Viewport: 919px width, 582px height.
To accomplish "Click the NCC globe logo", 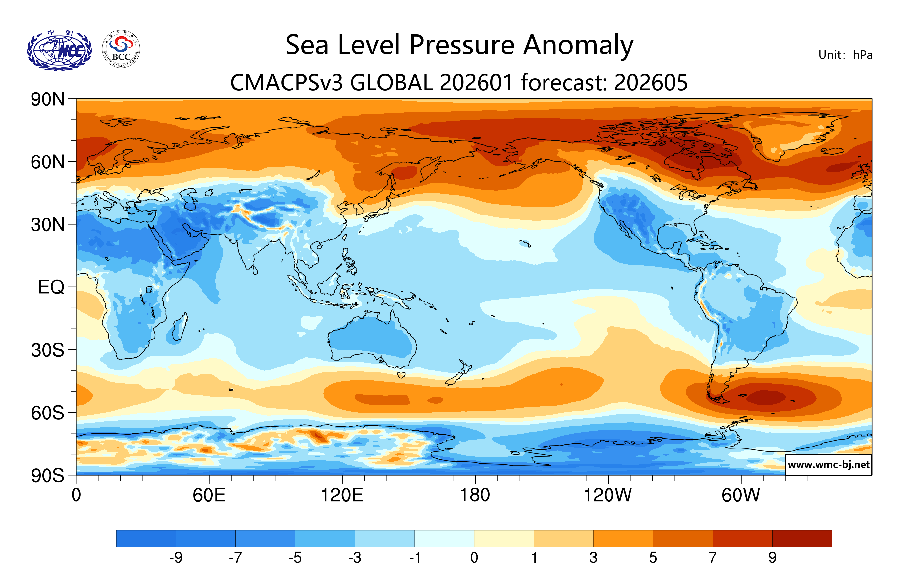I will pyautogui.click(x=59, y=50).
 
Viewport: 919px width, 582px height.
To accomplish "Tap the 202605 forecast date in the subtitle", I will pyautogui.click(x=651, y=83).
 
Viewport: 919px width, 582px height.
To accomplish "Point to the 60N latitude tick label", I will pyautogui.click(x=48, y=162).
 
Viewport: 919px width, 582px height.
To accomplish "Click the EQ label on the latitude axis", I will pyautogui.click(x=51, y=287).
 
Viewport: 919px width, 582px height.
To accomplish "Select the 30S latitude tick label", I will pyautogui.click(x=48, y=350).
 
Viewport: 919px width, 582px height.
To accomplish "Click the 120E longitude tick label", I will pyautogui.click(x=342, y=495).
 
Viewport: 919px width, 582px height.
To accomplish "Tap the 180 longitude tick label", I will pyautogui.click(x=475, y=495).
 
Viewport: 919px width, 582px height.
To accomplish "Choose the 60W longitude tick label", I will pyautogui.click(x=741, y=495).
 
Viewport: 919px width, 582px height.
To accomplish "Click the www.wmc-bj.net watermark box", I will pyautogui.click(x=828, y=465).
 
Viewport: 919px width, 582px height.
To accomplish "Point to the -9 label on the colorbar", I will pyautogui.click(x=176, y=558).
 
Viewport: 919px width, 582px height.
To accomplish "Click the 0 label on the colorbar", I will pyautogui.click(x=474, y=558).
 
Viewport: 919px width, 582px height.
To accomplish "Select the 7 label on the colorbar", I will pyautogui.click(x=713, y=558).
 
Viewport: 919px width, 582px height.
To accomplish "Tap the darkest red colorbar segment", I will pyautogui.click(x=802, y=538).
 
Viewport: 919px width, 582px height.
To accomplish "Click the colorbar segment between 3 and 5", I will pyautogui.click(x=623, y=538).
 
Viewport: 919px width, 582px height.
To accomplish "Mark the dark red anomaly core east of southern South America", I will pyautogui.click(x=765, y=397).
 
